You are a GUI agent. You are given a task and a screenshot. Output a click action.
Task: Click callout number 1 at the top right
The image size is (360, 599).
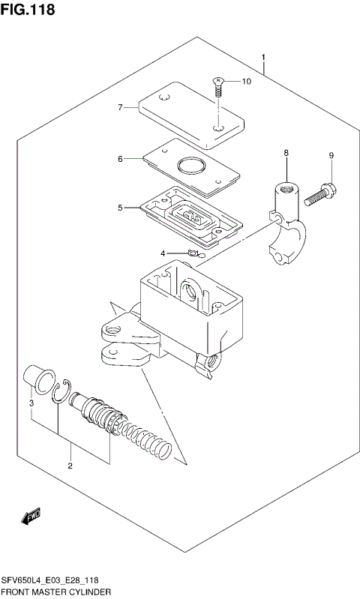click(263, 58)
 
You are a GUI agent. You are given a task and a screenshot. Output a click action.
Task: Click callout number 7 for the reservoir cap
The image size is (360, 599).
click(119, 108)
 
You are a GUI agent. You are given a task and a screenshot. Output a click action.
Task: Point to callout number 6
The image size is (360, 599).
click(119, 159)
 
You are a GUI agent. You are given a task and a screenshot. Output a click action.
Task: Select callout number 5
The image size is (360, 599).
click(119, 208)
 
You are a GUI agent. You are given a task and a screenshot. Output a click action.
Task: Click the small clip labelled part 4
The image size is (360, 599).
click(192, 255)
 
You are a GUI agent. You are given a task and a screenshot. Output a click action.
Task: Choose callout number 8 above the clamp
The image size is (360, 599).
click(286, 153)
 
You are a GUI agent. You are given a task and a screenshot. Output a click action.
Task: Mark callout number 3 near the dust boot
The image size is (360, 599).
click(31, 405)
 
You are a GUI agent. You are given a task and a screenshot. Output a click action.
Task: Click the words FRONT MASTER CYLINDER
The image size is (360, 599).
click(56, 592)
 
